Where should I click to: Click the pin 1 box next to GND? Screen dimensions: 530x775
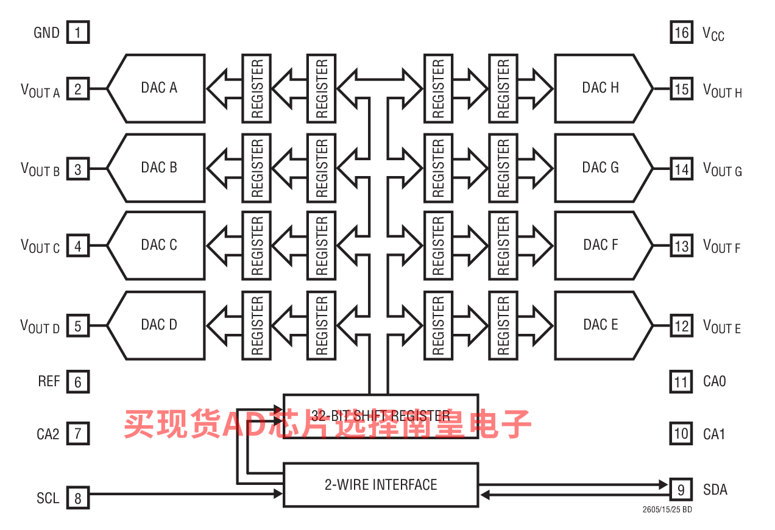pyautogui.click(x=78, y=32)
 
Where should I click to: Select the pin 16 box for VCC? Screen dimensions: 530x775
pyautogui.click(x=681, y=32)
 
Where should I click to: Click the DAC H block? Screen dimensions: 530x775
pyautogui.click(x=601, y=88)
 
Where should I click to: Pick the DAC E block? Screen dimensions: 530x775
pyautogui.click(x=601, y=325)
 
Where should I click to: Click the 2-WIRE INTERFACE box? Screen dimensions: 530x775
pyautogui.click(x=381, y=485)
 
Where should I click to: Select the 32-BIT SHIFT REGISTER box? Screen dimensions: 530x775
pyautogui.click(x=381, y=416)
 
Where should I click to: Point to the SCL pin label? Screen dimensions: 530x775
pyautogui.click(x=48, y=498)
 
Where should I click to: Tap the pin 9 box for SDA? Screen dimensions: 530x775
pyautogui.click(x=681, y=489)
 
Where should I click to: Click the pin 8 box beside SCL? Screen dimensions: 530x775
pyautogui.click(x=78, y=498)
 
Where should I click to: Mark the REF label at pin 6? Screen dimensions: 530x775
pyautogui.click(x=49, y=381)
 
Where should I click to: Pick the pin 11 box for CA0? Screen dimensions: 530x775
pyautogui.click(x=681, y=382)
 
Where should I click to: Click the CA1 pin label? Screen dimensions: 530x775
pyautogui.click(x=715, y=434)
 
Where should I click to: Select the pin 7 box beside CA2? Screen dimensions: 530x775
pyautogui.click(x=78, y=434)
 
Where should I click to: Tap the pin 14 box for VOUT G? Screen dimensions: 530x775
pyautogui.click(x=681, y=169)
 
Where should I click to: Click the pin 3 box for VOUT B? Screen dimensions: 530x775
pyautogui.click(x=78, y=169)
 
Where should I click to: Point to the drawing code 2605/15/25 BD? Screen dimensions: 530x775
pyautogui.click(x=667, y=509)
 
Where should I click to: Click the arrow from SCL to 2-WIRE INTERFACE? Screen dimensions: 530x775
pyautogui.click(x=183, y=493)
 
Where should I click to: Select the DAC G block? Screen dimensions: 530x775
pyautogui.click(x=601, y=168)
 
